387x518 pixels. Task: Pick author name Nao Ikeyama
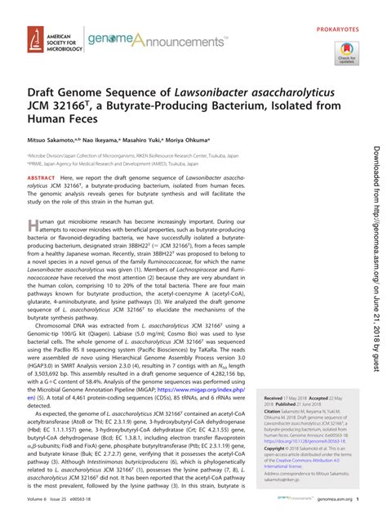[121, 163]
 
